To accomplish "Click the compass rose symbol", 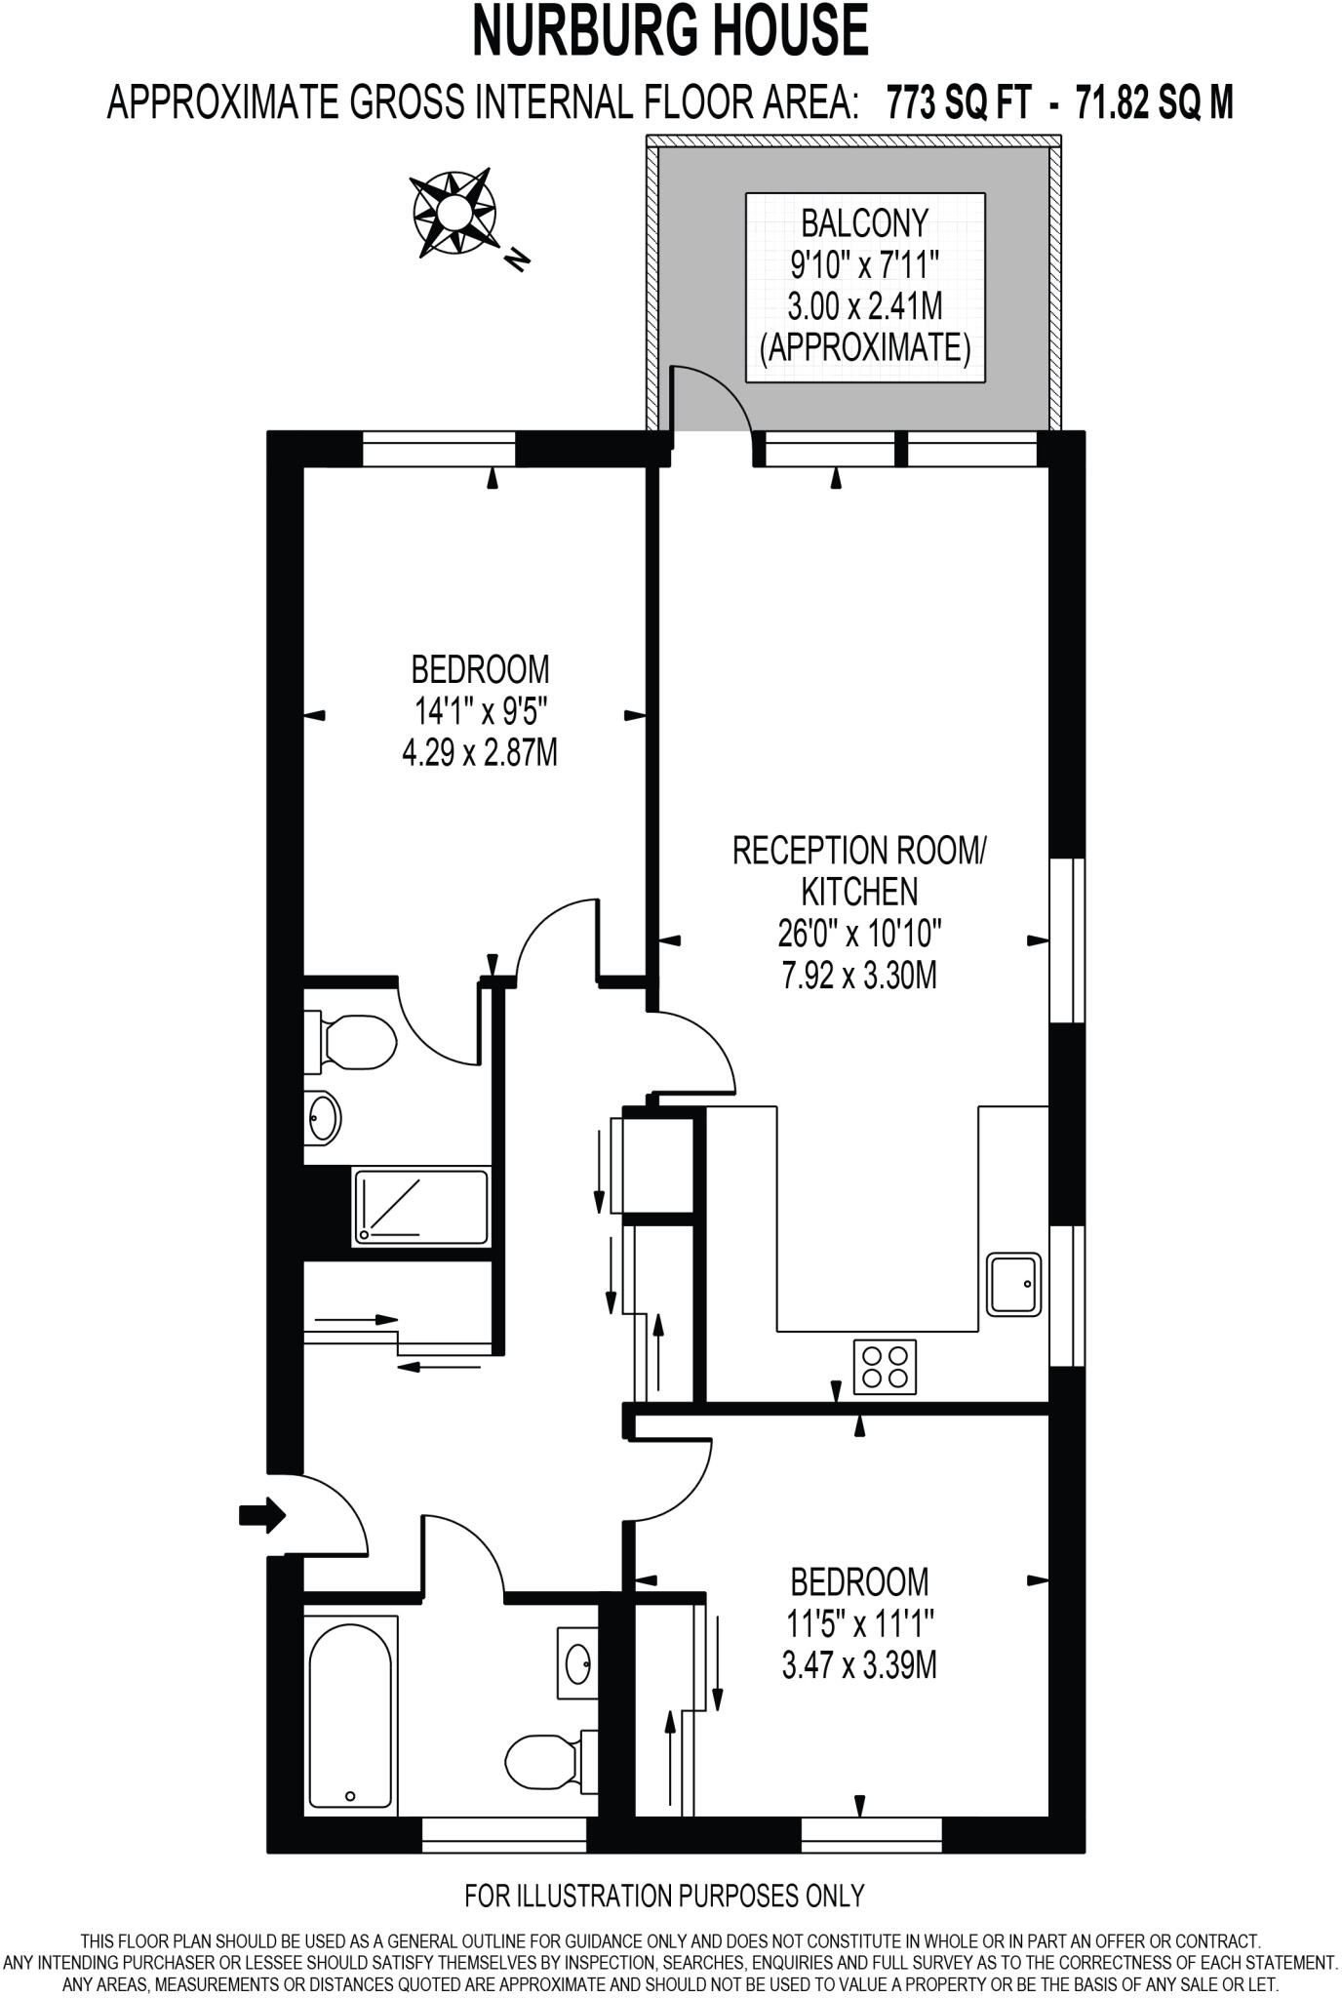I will coord(454,212).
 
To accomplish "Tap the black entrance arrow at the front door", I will coord(261,1515).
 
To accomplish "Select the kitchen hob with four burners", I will coord(885,1367).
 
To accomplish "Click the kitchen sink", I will coord(1014,1284).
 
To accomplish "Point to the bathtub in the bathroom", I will coord(351,1713).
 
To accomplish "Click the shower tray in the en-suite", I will coord(421,1208).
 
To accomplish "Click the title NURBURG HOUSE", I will coord(670,31).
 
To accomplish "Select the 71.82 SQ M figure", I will coord(1154,101).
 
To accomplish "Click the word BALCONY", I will coord(864,223).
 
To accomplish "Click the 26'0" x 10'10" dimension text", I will coord(859,935).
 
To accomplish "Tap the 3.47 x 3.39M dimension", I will coord(859,1665).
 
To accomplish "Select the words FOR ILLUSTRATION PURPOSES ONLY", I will coord(665,1896).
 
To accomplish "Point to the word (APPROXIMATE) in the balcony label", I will coord(864,348).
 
